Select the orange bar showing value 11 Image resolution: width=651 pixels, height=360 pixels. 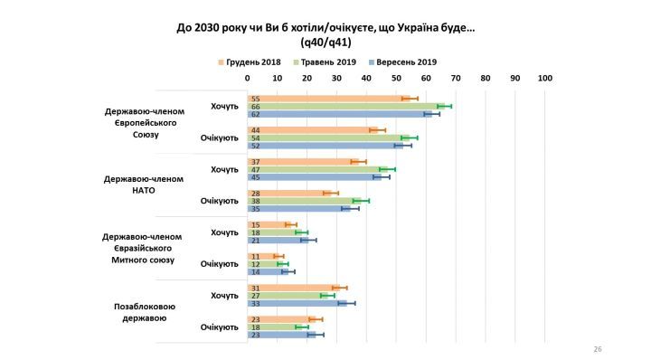click(x=264, y=256)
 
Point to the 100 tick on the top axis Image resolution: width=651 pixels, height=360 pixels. click(x=545, y=79)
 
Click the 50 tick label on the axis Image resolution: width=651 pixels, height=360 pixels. click(x=396, y=79)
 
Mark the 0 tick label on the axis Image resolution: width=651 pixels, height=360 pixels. click(x=248, y=79)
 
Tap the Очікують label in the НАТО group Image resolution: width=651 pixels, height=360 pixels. click(x=219, y=201)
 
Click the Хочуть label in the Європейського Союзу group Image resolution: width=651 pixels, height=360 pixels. click(x=224, y=106)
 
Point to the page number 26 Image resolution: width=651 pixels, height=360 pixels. click(x=598, y=348)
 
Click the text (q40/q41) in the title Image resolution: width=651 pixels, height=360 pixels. click(x=325, y=42)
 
